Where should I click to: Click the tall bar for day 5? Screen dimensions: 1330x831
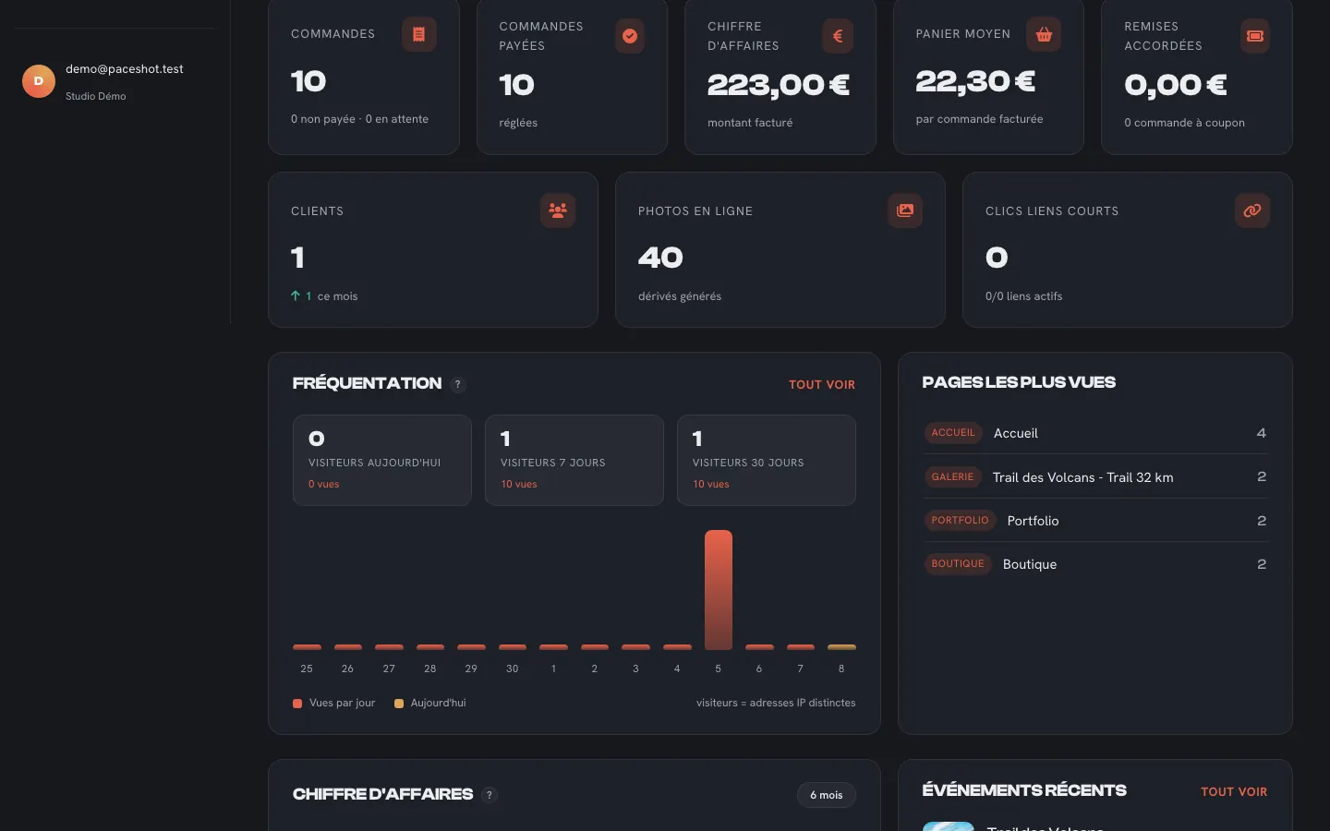click(718, 589)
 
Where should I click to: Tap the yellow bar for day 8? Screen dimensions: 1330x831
click(841, 647)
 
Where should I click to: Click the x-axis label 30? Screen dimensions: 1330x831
click(512, 668)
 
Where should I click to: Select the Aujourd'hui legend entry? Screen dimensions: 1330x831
click(429, 703)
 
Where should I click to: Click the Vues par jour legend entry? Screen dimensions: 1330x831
click(333, 703)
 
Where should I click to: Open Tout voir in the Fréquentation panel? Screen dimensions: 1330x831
click(822, 385)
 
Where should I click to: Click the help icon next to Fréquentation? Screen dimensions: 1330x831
click(457, 385)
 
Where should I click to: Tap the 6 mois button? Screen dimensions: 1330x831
click(826, 795)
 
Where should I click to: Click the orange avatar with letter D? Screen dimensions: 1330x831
click(39, 80)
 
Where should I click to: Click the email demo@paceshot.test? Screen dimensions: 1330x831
click(124, 69)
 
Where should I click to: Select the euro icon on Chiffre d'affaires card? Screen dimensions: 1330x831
click(837, 36)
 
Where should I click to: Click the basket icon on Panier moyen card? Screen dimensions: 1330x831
click(1044, 34)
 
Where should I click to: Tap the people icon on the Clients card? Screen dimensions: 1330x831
click(558, 211)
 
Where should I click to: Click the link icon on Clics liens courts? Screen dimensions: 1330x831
click(1251, 211)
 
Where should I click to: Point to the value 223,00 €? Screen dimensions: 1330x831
click(778, 85)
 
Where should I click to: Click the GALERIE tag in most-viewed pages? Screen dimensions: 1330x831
click(952, 476)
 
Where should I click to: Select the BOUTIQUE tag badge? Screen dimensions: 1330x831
click(957, 564)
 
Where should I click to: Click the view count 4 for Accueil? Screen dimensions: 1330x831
click(1261, 433)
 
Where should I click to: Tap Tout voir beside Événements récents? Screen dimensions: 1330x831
click(1234, 792)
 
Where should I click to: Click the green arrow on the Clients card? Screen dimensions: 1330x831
click(296, 295)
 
